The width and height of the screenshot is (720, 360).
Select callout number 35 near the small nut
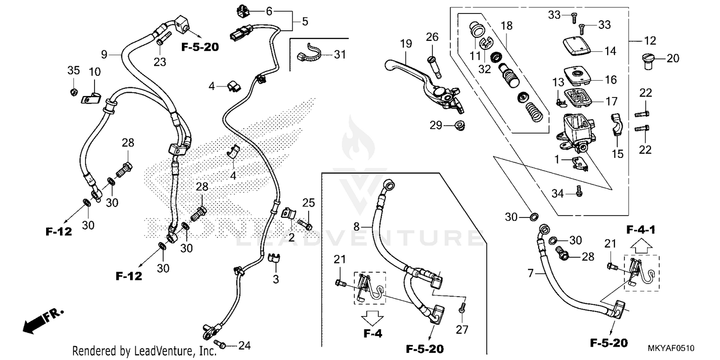pyautogui.click(x=73, y=71)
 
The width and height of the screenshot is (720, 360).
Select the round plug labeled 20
pyautogui.click(x=648, y=60)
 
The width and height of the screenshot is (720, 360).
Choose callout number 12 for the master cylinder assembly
pyautogui.click(x=650, y=41)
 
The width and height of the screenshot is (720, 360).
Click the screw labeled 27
pyautogui.click(x=462, y=311)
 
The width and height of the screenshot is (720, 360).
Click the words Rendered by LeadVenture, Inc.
pyautogui.click(x=144, y=351)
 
